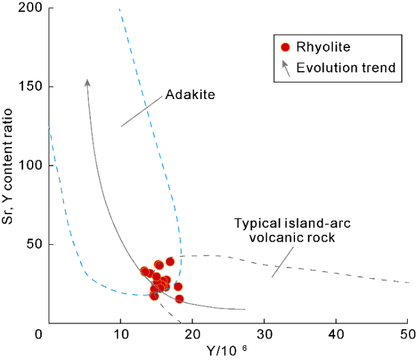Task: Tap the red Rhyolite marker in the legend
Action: click(286, 47)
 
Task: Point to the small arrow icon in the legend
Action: click(286, 67)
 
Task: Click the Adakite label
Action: click(189, 95)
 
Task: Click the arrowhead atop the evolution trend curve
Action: click(88, 82)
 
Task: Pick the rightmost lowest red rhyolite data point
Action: click(179, 299)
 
